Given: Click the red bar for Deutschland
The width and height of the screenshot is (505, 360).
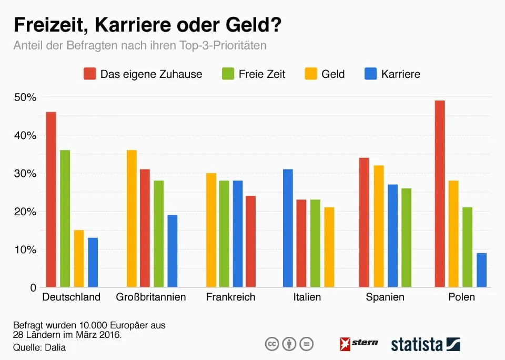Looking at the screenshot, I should click(51, 199).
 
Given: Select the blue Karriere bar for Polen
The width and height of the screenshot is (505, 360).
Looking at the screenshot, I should click(481, 270).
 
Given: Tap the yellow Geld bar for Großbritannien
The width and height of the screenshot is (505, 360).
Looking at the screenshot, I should click(132, 218).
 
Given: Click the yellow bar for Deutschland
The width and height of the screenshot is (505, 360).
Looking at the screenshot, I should click(79, 258).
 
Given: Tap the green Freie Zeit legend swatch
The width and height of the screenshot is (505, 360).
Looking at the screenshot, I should click(228, 74).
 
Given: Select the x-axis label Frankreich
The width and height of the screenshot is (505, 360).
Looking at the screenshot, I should click(230, 297).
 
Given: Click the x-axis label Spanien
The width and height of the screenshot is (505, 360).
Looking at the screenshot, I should click(385, 297).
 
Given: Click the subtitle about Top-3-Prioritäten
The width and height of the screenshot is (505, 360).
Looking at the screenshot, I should click(140, 45).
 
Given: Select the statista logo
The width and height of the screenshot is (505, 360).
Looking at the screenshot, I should click(426, 344).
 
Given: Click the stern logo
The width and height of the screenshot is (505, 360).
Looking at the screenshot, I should click(359, 344).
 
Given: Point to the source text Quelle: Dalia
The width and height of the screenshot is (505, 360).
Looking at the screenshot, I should click(39, 347).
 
